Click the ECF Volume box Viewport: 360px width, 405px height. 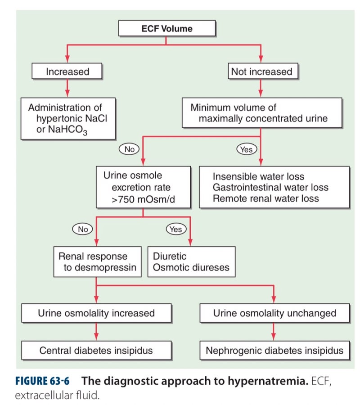[x=167, y=29]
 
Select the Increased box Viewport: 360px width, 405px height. [x=67, y=72]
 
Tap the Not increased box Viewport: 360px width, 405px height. [x=261, y=72]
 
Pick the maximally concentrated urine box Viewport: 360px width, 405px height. [x=261, y=113]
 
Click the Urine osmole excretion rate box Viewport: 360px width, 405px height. [x=143, y=187]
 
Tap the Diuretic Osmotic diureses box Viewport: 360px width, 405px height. [x=191, y=262]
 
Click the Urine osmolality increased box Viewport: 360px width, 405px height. [x=96, y=313]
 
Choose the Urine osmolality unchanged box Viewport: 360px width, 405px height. [x=274, y=313]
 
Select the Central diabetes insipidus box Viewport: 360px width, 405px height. [x=96, y=350]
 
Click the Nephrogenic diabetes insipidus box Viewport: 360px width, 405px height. [x=274, y=350]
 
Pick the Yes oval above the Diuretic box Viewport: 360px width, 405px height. [x=176, y=229]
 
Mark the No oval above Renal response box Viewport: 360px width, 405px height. [x=83, y=229]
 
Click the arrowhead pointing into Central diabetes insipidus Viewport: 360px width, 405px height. [x=96, y=337]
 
